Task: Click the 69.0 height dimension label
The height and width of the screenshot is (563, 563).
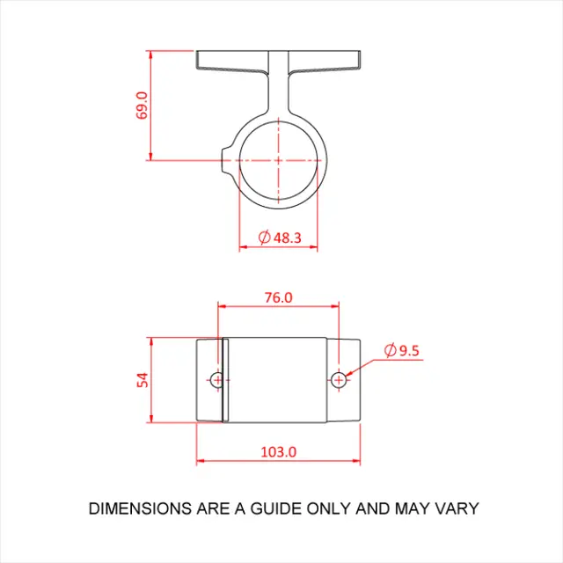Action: [142, 106]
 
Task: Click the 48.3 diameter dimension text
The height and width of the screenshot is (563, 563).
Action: [288, 238]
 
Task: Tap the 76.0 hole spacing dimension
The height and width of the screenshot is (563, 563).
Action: [278, 297]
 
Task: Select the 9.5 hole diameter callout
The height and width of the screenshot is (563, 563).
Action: [410, 350]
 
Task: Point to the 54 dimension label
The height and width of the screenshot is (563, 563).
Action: [142, 379]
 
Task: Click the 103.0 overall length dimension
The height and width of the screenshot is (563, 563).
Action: [279, 451]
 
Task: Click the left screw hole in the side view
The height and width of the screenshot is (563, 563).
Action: [217, 380]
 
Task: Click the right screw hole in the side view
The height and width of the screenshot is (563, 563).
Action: [340, 380]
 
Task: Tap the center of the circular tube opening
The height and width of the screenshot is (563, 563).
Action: [278, 161]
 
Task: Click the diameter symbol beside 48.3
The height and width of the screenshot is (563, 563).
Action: [264, 238]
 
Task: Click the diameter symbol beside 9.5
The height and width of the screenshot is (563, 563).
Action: [391, 350]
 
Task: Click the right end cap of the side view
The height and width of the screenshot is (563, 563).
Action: [346, 380]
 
